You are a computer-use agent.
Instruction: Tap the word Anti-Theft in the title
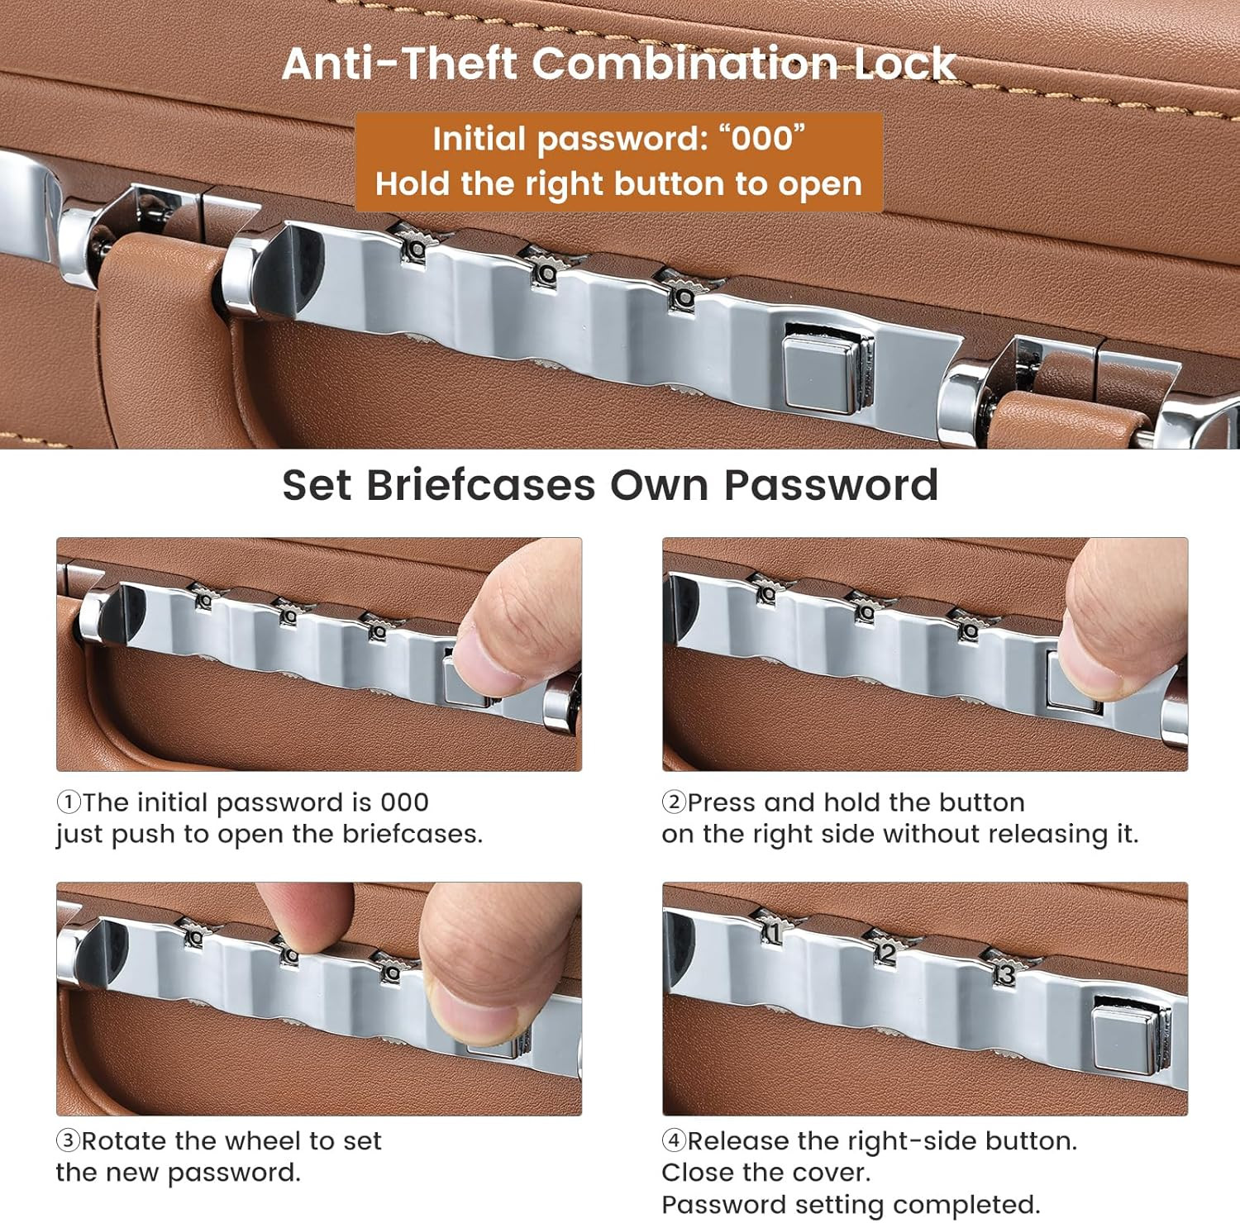tap(400, 64)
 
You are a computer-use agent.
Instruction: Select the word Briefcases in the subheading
tap(480, 485)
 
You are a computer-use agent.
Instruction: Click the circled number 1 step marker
tap(68, 802)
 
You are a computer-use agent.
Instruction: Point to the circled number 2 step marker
tap(674, 802)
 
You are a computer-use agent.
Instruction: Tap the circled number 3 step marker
tap(68, 1141)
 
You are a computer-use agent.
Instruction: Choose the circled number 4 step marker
tap(674, 1141)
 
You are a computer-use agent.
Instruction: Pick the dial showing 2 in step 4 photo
tap(885, 953)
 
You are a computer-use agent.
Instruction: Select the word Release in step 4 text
tap(738, 1141)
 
